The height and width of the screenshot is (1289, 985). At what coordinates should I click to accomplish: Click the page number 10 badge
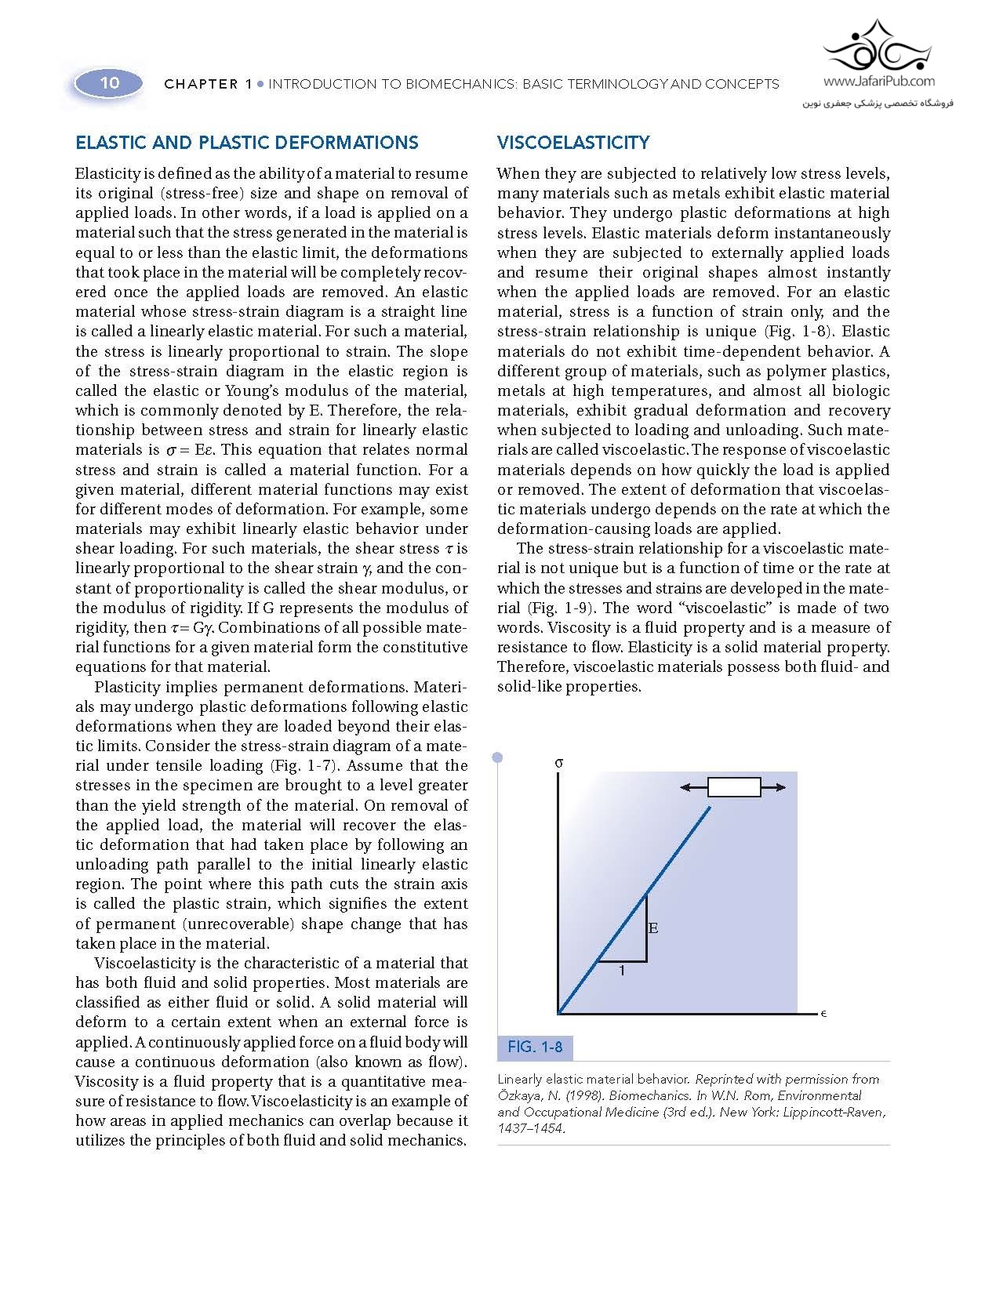tap(109, 83)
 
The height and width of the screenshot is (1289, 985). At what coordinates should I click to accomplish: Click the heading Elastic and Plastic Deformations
tap(246, 143)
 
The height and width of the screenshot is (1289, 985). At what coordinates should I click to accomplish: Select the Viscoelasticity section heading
tap(573, 143)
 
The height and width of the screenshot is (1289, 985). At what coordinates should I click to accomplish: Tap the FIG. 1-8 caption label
tap(535, 1047)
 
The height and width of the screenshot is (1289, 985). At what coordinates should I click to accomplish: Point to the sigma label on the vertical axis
tap(558, 762)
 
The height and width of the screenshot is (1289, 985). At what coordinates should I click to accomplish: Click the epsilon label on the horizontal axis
tap(824, 1014)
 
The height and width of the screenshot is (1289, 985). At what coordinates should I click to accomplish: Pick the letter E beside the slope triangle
tap(653, 928)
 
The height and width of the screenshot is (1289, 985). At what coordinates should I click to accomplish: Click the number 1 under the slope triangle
tap(622, 971)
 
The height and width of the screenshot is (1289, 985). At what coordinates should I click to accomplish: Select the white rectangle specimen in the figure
tap(734, 787)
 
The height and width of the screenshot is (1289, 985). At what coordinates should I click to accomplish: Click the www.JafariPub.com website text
tap(879, 81)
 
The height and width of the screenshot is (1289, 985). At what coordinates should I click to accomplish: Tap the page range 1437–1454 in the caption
tap(530, 1128)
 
